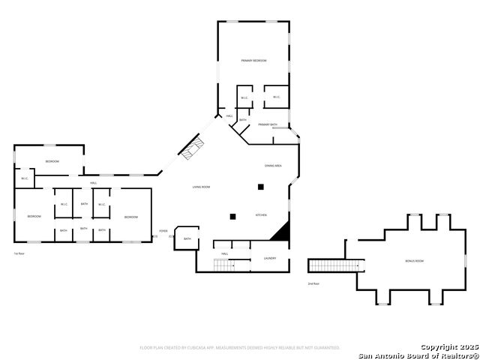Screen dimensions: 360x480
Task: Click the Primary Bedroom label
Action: [x=254, y=60]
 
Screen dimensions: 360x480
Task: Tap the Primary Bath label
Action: [x=268, y=124]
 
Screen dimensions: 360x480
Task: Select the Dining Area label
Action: [x=273, y=165]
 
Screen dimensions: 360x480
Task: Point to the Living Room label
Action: [x=201, y=187]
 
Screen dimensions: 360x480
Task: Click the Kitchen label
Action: [x=261, y=215]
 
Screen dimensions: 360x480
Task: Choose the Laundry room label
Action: [x=270, y=259]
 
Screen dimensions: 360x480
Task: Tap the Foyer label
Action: [x=163, y=230]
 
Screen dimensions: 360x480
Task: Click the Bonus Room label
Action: [x=415, y=261]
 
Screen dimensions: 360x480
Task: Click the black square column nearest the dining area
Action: [x=261, y=187]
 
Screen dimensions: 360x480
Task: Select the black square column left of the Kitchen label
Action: [x=232, y=217]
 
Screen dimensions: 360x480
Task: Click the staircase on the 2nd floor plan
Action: [x=334, y=265]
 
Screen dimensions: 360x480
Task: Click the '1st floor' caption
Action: [x=19, y=253]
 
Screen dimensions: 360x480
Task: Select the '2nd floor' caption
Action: [x=313, y=283]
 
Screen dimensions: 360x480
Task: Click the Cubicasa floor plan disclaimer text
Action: [x=240, y=347]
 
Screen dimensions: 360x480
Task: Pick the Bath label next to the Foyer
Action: [x=187, y=238]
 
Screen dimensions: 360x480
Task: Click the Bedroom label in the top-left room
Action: [x=52, y=161]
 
